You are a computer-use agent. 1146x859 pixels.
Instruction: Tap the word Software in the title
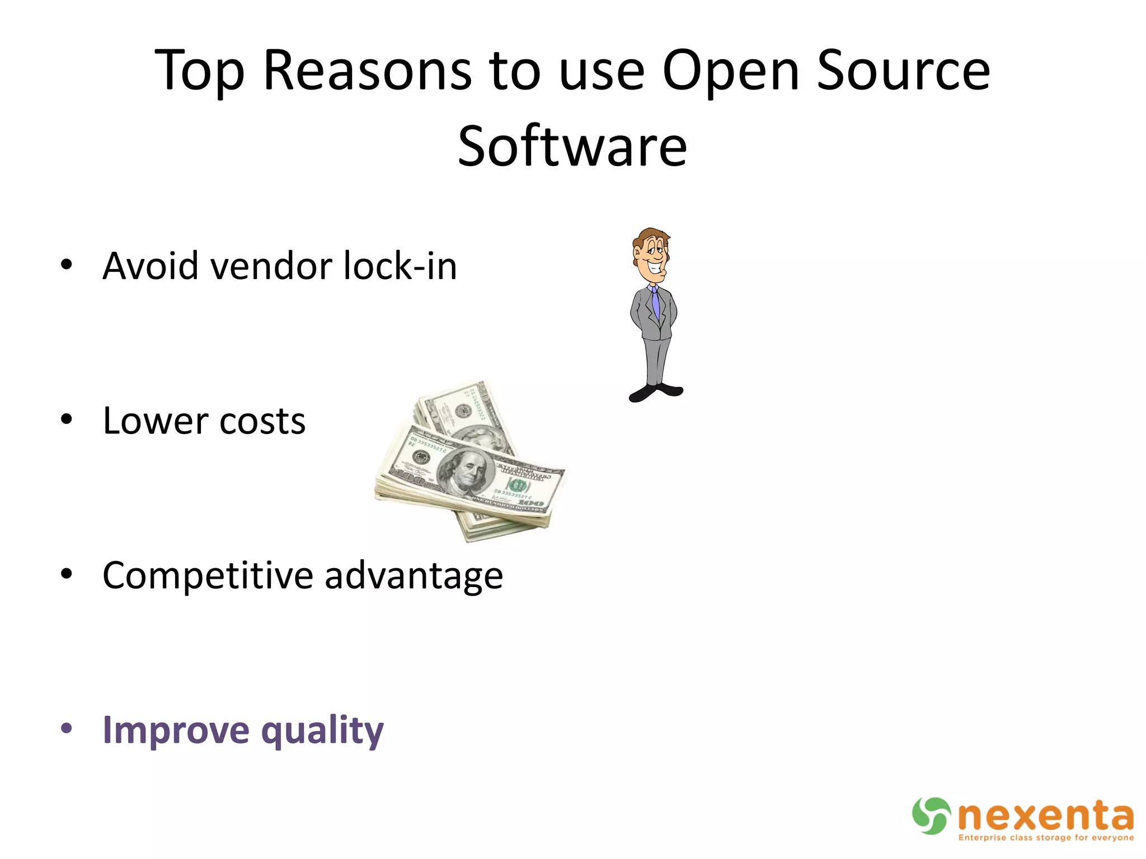[572, 147]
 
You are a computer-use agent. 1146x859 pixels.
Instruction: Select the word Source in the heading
[903, 71]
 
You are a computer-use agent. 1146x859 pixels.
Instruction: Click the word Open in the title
[731, 71]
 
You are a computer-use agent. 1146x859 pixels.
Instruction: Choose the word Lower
[155, 421]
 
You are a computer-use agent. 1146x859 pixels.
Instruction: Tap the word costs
[262, 422]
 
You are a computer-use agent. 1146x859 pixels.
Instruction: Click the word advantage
[414, 577]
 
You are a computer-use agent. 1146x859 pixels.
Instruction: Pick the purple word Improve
[176, 730]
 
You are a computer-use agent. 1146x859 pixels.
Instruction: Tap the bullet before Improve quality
[67, 728]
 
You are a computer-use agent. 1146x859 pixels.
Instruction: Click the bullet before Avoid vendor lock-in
[67, 265]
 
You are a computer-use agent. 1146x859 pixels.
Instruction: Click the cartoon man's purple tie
[655, 302]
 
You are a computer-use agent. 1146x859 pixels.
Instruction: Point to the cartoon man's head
[651, 254]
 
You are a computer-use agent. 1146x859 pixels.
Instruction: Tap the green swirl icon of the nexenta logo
[931, 815]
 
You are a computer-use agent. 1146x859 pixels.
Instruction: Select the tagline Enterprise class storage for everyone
[1046, 837]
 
